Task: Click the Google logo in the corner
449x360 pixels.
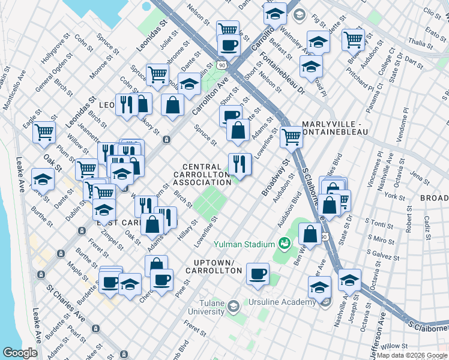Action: coord(20,353)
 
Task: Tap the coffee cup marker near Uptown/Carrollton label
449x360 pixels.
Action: coord(258,273)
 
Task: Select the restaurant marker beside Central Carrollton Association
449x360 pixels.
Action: coord(239,163)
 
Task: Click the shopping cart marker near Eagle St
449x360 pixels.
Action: coord(44,131)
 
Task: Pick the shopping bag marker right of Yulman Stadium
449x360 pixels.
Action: coord(310,233)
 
